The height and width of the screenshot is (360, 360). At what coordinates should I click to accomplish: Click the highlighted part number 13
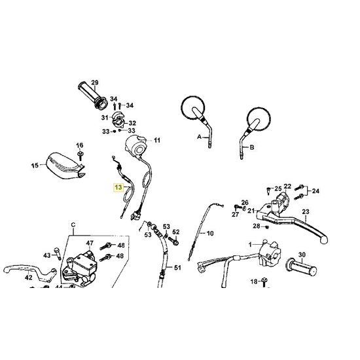[x=118, y=187]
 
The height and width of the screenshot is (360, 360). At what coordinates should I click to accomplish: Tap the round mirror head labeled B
[x=259, y=119]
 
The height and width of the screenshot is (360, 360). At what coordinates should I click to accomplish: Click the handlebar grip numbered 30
[x=301, y=268]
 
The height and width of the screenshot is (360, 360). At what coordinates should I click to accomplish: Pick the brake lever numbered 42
[x=29, y=272]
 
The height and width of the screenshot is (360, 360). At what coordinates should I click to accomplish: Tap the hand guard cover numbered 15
[x=65, y=166]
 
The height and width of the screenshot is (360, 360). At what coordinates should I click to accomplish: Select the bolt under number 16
[x=80, y=155]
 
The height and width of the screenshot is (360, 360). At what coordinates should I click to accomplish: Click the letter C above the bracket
[x=73, y=225]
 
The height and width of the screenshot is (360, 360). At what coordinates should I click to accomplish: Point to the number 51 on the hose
[x=177, y=268]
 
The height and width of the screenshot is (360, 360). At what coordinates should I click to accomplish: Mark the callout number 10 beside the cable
[x=210, y=234]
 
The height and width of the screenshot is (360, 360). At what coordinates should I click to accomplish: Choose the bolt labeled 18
[x=264, y=281]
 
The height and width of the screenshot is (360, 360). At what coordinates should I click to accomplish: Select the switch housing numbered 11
[x=136, y=146]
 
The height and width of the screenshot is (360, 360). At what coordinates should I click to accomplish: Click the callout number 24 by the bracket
[x=315, y=190]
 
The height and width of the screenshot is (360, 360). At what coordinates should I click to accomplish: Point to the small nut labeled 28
[x=266, y=227]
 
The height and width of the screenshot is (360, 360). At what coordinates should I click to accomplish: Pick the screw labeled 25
[x=268, y=190]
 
